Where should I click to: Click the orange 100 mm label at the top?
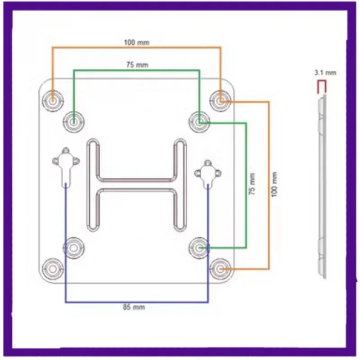[136, 43]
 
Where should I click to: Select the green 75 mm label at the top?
[137, 65]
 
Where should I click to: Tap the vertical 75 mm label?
[253, 184]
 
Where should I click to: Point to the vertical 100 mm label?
[275, 184]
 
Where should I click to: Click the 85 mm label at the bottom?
[136, 307]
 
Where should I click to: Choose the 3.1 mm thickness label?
[325, 72]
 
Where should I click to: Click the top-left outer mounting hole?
[53, 100]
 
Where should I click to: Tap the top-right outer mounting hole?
[220, 101]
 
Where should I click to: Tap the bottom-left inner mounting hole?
[73, 247]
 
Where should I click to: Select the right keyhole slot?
[207, 173]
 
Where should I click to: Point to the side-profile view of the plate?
[323, 189]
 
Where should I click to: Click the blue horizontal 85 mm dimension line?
[136, 302]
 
